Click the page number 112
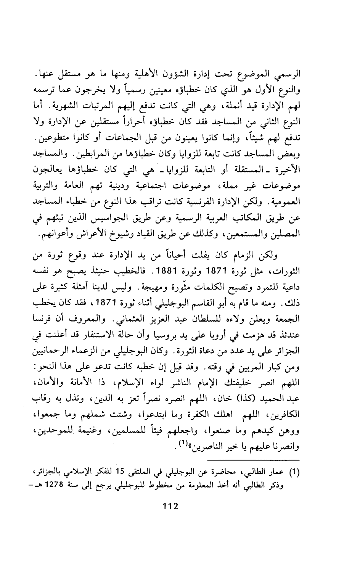tap(170, 507)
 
